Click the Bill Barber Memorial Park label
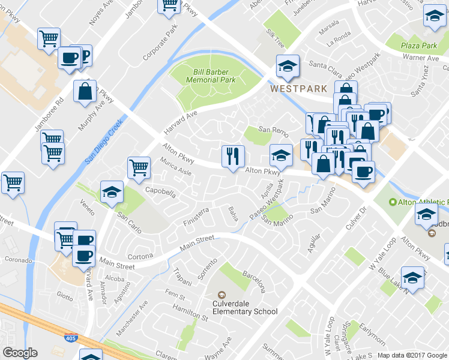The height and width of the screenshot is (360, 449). [x=211, y=75]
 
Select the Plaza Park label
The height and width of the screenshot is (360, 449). [x=420, y=46]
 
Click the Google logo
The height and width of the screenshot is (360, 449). [x=20, y=353]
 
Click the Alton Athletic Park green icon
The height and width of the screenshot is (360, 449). [x=393, y=203]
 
